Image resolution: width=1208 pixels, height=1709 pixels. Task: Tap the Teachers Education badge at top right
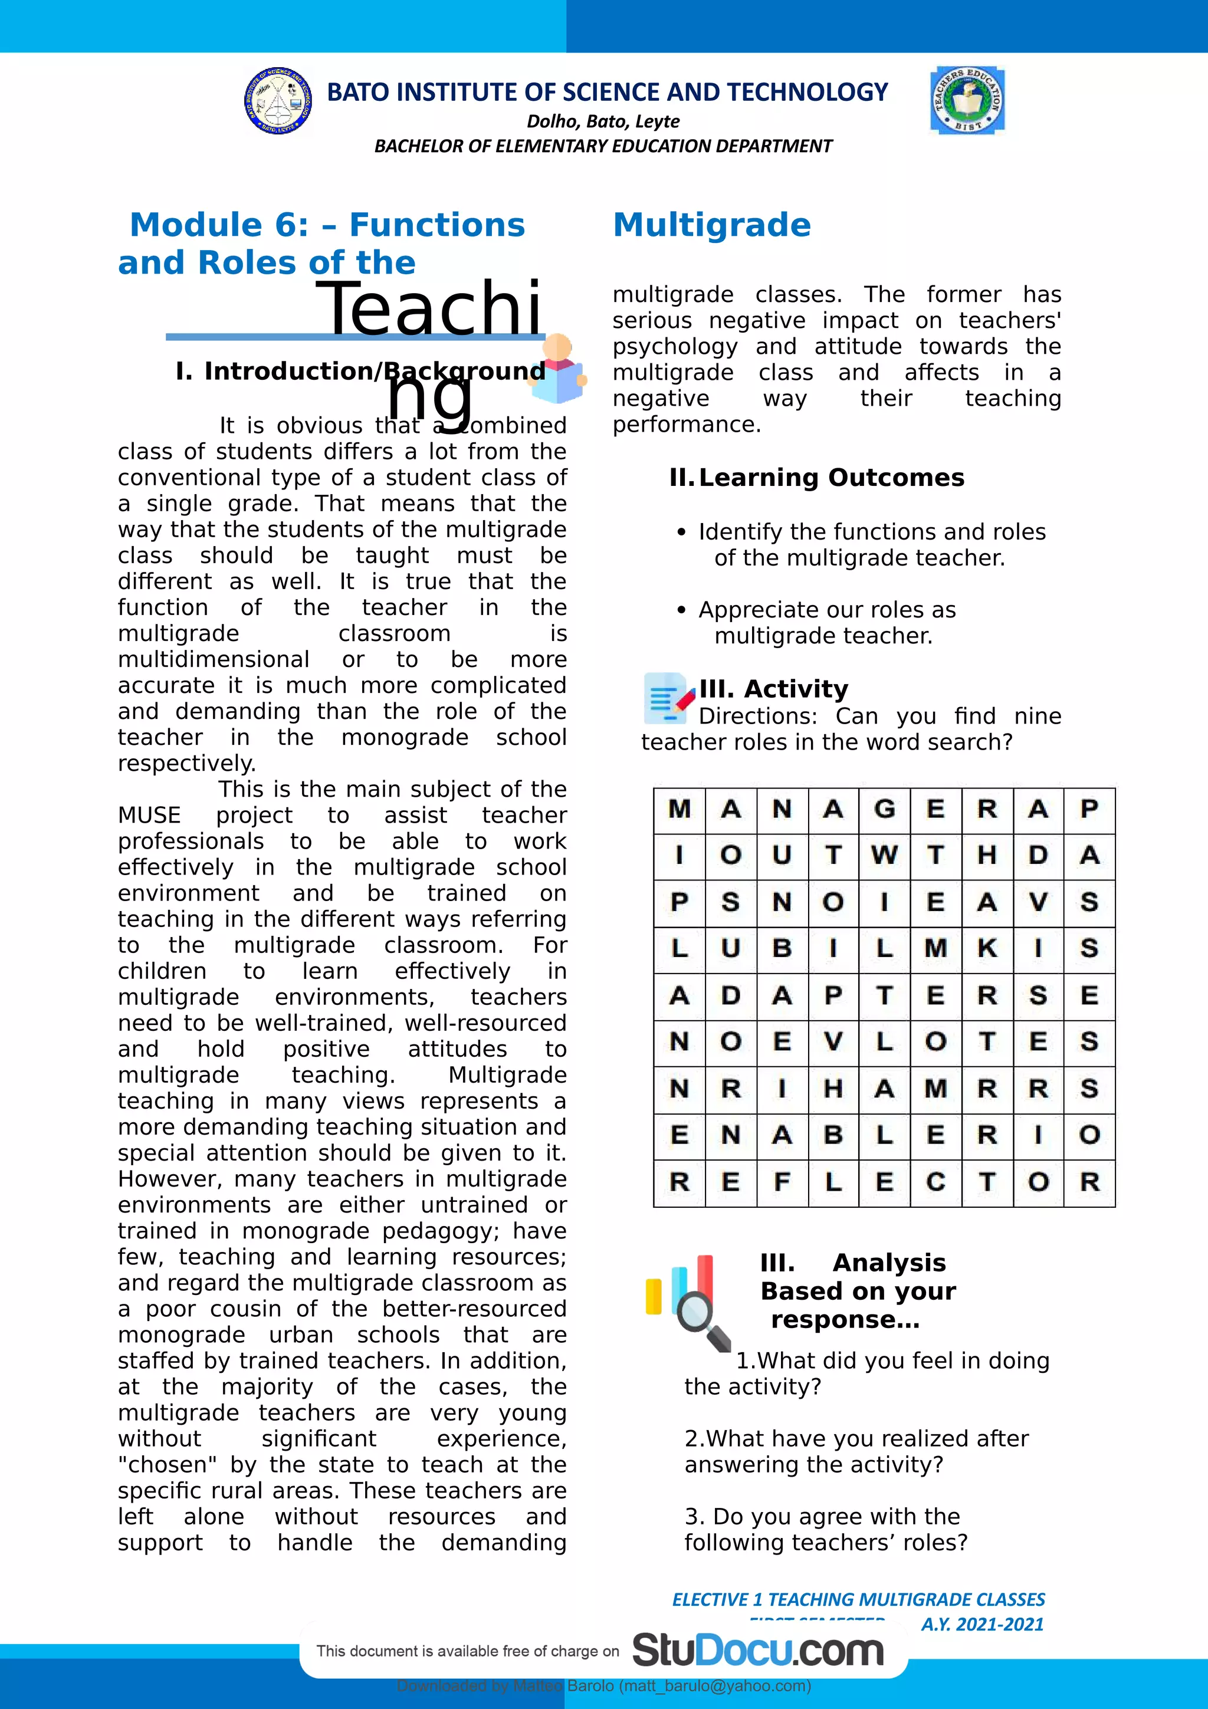pos(967,100)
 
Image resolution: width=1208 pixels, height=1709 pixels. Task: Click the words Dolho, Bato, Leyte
pos(603,121)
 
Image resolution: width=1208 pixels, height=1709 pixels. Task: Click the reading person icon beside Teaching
pos(558,369)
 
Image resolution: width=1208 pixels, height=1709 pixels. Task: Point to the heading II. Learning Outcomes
pos(816,477)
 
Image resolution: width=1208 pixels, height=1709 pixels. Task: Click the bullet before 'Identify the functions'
pos(681,533)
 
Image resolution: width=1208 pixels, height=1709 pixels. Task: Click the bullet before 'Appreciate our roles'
pos(681,611)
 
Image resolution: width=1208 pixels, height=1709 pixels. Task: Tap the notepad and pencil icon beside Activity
pos(668,698)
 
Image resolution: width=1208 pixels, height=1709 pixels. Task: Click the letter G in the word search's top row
pos(884,809)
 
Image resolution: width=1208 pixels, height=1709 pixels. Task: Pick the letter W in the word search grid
pos(884,855)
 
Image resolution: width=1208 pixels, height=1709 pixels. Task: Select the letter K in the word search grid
pos(987,948)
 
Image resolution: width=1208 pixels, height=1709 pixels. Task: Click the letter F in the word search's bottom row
pos(782,1181)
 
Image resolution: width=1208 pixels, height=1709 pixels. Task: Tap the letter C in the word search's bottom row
pos(935,1181)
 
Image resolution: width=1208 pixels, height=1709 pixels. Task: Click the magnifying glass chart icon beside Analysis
pos(688,1303)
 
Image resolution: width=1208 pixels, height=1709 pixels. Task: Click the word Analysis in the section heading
pos(889,1263)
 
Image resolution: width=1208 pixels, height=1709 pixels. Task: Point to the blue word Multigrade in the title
pos(711,225)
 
